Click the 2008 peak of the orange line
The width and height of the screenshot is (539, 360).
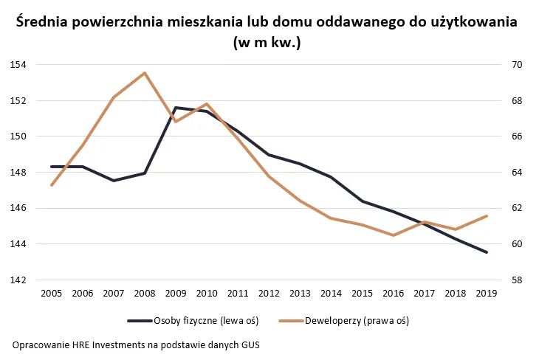click(x=145, y=73)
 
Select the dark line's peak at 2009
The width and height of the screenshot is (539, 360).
click(x=176, y=108)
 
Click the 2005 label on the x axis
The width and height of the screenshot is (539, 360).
click(x=51, y=293)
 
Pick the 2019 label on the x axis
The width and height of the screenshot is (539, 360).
click(x=486, y=293)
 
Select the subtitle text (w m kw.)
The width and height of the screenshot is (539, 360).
click(x=267, y=42)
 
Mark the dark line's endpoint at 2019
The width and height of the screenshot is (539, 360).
click(x=486, y=252)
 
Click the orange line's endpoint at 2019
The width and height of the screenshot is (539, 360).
click(x=486, y=216)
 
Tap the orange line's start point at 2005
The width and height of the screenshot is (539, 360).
click(x=51, y=185)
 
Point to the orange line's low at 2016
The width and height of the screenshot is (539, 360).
click(x=393, y=235)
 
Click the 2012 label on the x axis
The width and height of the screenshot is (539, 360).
click(x=269, y=293)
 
